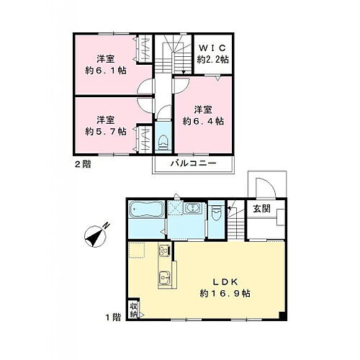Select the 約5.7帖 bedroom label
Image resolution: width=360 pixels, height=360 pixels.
pos(106,125)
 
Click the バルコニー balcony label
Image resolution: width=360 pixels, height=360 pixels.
pos(194,163)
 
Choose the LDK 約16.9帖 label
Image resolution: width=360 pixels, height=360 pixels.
pos(217,287)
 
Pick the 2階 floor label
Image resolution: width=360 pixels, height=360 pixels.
pos(81,163)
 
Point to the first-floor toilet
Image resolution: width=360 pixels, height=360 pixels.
pos(217,214)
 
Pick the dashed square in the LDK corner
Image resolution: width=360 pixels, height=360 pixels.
pos(137,251)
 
